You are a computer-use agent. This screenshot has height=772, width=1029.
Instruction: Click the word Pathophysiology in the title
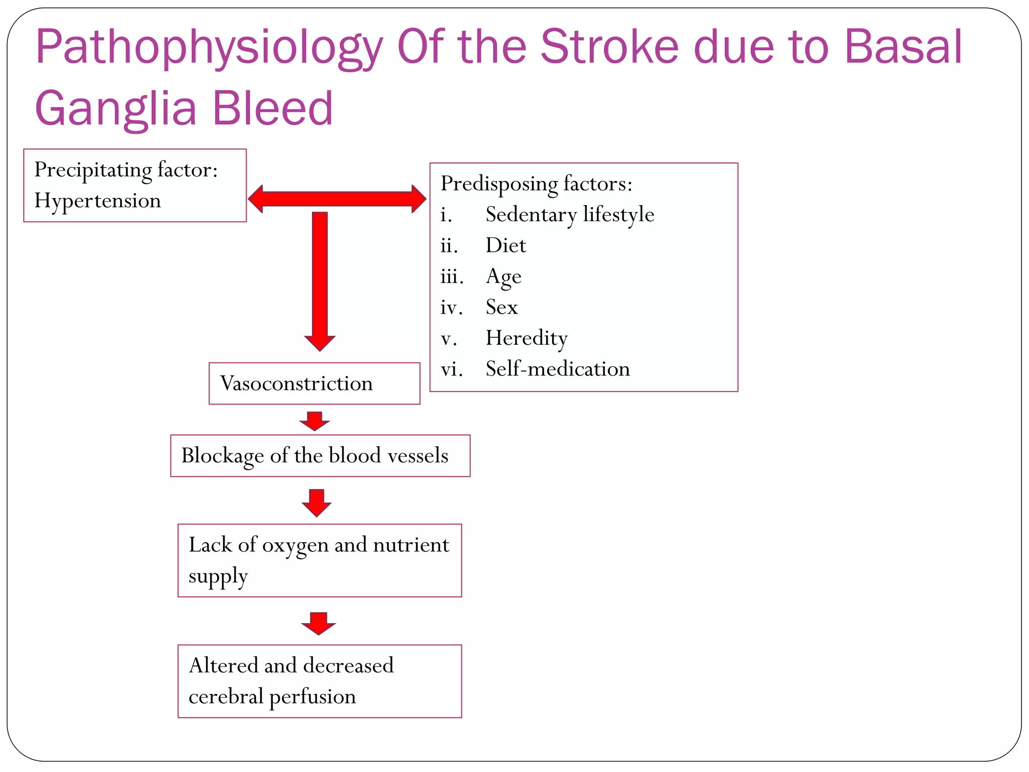click(x=209, y=48)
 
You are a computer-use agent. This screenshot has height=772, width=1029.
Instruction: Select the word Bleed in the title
click(x=273, y=109)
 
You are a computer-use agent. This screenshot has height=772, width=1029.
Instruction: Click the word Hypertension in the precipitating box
click(x=97, y=201)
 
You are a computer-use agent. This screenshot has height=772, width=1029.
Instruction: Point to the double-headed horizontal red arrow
click(x=337, y=199)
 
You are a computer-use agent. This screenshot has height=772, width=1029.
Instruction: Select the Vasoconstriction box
click(x=314, y=383)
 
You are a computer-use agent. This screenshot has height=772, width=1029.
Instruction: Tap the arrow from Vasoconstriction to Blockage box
click(x=315, y=421)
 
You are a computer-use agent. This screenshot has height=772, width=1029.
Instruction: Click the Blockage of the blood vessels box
click(x=320, y=456)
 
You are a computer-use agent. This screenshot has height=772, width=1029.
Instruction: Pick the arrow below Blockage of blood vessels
click(x=317, y=502)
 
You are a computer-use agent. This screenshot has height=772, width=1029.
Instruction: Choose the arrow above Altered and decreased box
click(x=319, y=623)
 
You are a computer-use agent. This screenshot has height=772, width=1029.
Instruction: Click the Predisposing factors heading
click(x=536, y=184)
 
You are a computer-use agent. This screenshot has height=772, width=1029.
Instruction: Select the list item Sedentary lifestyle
click(x=570, y=215)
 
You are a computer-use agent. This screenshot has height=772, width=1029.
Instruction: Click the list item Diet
click(x=505, y=246)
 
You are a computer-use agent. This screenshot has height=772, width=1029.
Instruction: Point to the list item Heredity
click(x=526, y=338)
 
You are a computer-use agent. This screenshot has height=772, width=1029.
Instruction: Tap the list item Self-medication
click(x=557, y=369)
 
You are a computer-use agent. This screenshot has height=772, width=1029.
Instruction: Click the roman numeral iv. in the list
click(x=451, y=308)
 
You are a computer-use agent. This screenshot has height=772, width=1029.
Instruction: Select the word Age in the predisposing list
click(x=503, y=277)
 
